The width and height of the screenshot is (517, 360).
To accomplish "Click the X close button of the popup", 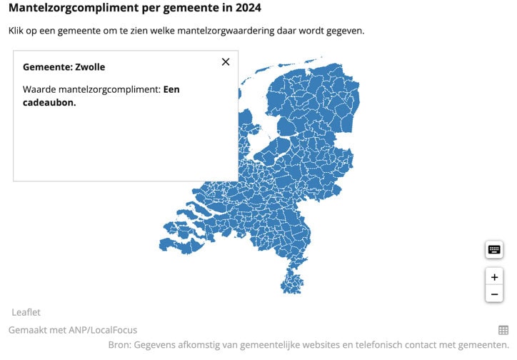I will tap(226, 61).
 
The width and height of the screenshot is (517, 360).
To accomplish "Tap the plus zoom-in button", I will tap(494, 276).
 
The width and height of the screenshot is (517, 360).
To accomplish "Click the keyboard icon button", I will tap(494, 249).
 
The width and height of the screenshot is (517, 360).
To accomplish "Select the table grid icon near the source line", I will tap(503, 330).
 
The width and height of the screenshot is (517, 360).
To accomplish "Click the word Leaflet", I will tap(26, 312).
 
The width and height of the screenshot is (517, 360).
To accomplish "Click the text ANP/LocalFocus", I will tap(101, 330).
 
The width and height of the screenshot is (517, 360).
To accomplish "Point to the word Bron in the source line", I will tap(119, 345).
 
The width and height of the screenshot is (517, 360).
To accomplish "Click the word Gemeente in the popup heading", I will tap(46, 67).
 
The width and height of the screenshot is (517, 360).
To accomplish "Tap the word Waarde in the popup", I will tap(40, 89).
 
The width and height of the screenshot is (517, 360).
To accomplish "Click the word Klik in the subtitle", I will tap(17, 31).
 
